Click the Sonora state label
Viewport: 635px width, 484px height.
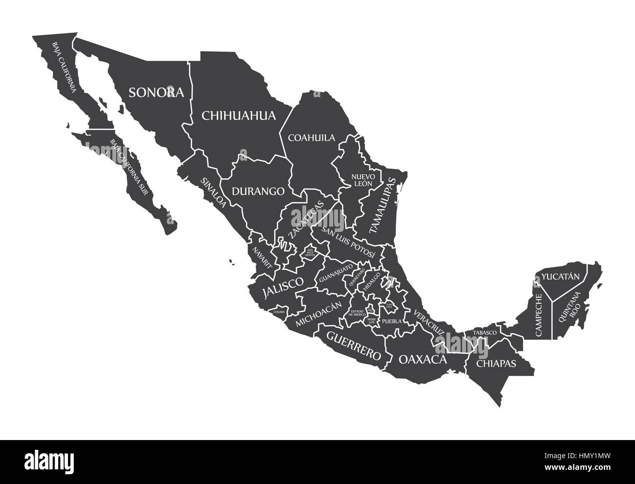point(156,92)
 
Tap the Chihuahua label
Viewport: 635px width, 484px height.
point(239,116)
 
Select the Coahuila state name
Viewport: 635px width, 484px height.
point(312,138)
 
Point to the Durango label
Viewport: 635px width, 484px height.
point(258,191)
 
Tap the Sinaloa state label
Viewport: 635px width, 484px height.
point(213,192)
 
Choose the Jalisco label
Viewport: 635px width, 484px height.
point(283,288)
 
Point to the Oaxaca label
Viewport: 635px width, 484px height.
point(423,360)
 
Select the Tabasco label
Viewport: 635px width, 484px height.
point(485,333)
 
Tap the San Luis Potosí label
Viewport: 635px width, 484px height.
point(348,242)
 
